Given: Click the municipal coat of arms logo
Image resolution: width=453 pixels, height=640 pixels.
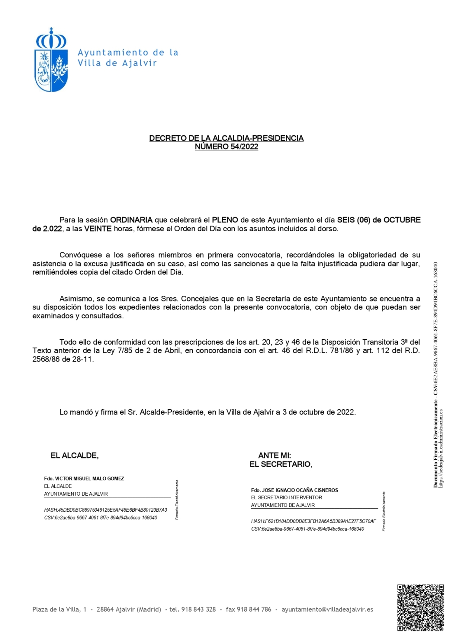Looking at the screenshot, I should pos(51,60).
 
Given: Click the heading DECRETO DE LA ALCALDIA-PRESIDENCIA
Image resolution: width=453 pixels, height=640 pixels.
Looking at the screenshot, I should pos(226,138).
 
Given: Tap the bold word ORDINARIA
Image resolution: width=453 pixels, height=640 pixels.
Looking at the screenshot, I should pos(131,220).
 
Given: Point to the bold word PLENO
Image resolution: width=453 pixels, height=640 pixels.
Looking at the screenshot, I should pos(225,220).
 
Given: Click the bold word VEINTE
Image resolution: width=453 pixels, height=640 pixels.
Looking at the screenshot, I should pos(98,229).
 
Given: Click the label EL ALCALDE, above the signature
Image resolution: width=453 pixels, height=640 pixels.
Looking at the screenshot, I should pos(75,455).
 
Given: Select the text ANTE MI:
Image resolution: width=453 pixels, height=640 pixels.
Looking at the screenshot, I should pos(274,455).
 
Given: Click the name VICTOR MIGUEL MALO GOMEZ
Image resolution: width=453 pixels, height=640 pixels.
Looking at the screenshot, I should pos(89,479).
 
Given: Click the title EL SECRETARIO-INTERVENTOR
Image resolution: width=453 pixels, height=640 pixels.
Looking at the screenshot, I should pos(287,498).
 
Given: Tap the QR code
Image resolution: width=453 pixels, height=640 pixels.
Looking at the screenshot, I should pos(420,607).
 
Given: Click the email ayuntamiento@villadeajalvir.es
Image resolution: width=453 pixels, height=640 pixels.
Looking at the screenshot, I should pos(327,610).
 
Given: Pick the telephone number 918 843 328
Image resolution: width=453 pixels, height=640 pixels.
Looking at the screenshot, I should pos(198,610).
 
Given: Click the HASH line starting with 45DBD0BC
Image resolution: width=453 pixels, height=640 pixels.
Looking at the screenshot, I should pos(105,510).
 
